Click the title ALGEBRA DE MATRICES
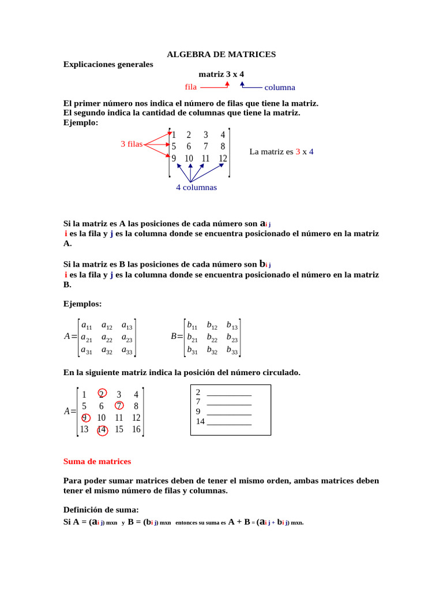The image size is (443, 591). (x=221, y=54)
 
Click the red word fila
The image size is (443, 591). (x=191, y=87)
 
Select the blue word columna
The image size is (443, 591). (x=280, y=88)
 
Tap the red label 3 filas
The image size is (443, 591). (x=132, y=144)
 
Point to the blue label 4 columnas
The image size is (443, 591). (x=196, y=188)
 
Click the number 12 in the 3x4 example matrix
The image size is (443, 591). (x=223, y=158)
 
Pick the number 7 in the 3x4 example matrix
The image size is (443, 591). (x=205, y=147)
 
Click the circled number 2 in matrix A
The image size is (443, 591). (x=102, y=394)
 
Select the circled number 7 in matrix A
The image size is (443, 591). (x=119, y=406)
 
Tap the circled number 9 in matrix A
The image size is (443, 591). (x=84, y=418)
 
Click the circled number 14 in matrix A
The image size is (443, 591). (x=102, y=429)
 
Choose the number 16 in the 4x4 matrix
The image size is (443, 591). (x=136, y=429)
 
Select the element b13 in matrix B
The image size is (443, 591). (x=232, y=326)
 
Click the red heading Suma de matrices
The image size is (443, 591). (x=97, y=462)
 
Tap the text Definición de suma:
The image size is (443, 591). (x=101, y=510)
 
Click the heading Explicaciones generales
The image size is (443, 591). (x=108, y=65)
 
